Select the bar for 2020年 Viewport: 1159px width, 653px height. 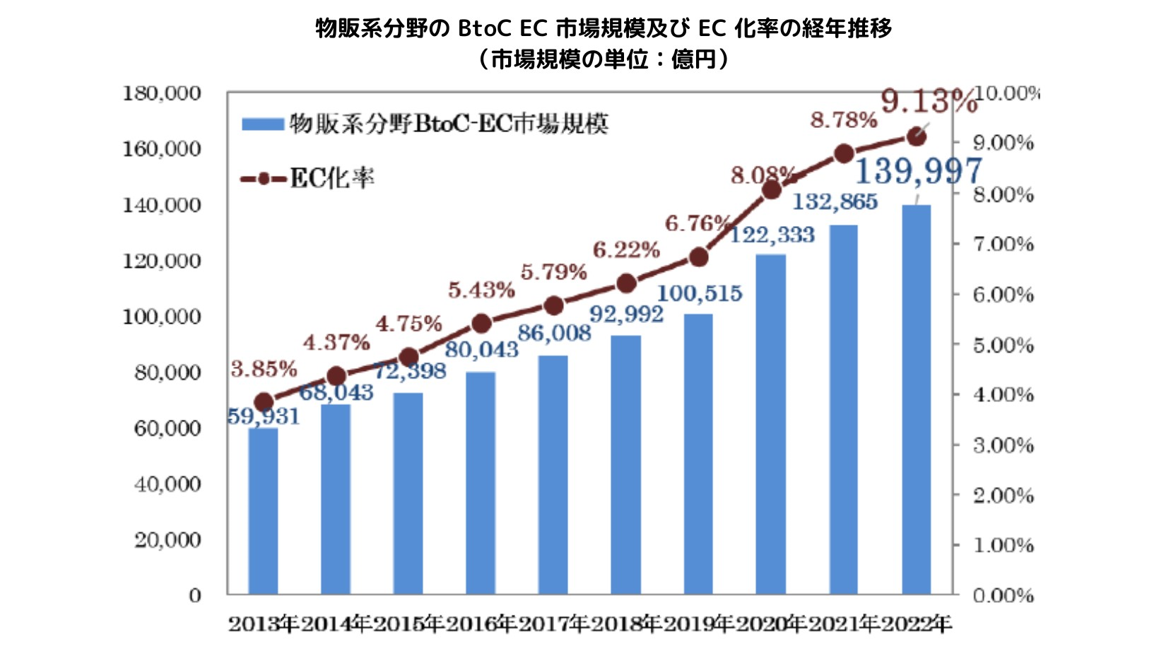[770, 424]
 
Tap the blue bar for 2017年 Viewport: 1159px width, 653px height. [553, 474]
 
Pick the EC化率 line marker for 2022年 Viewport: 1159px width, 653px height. [917, 137]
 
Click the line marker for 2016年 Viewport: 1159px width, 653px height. [481, 324]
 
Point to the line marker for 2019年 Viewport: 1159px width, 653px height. [698, 257]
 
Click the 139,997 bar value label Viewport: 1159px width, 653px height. [918, 171]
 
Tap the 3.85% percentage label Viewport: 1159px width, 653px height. [264, 369]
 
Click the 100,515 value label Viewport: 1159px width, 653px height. [700, 293]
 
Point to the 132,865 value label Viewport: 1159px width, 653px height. [835, 202]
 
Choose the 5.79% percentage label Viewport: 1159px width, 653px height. [554, 272]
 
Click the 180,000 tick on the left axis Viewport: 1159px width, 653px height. [162, 93]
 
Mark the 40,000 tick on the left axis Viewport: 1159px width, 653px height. [167, 484]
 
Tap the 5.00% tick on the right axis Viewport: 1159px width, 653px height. [1003, 346]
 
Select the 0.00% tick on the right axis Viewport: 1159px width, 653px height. [1003, 596]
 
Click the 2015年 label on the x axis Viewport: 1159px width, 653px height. [408, 624]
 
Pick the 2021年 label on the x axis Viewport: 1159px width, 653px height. [843, 624]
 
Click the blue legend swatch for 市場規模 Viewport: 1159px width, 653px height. [262, 124]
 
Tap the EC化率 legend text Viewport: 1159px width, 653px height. [332, 179]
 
